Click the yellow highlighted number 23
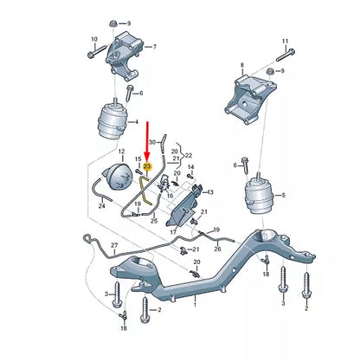click(147, 165)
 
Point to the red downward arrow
click(146, 139)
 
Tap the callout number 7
click(154, 48)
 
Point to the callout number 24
click(101, 206)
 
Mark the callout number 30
click(152, 140)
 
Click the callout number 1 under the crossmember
click(194, 305)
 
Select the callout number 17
click(172, 232)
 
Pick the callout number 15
click(136, 159)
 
